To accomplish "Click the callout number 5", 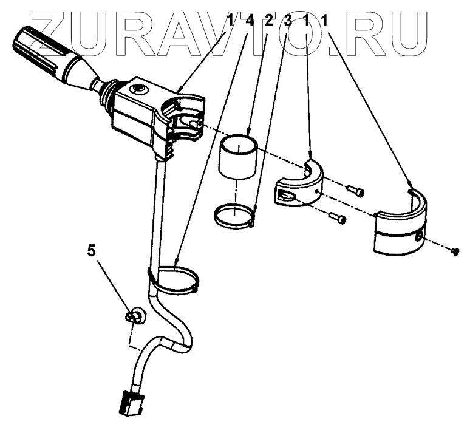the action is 92,251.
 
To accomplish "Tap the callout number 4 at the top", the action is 249,21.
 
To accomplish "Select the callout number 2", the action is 268,21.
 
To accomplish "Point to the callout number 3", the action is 287,21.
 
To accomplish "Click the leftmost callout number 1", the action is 231,21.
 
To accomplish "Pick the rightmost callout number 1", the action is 325,21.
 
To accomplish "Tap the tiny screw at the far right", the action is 455,253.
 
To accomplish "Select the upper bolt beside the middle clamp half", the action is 356,190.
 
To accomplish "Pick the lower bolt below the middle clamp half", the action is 338,219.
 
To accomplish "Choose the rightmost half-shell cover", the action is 401,227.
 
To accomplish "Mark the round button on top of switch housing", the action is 138,89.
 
